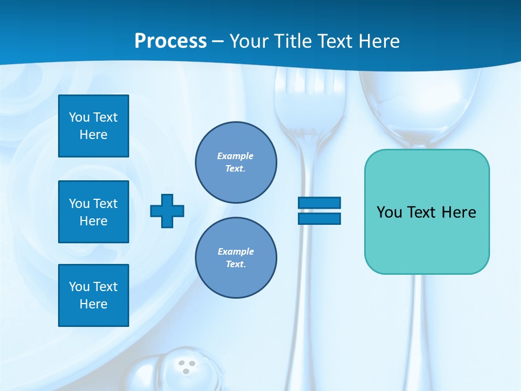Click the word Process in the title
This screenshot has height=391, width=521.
tap(170, 41)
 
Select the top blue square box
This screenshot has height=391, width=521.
tap(93, 126)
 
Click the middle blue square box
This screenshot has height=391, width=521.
tap(93, 212)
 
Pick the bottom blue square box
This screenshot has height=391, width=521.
tap(93, 295)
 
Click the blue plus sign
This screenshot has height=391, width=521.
tap(167, 211)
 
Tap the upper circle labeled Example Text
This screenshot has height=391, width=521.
tap(236, 162)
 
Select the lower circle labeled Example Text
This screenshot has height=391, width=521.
tap(236, 258)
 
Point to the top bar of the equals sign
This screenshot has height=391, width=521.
tap(319, 203)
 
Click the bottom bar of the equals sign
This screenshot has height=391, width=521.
tap(319, 218)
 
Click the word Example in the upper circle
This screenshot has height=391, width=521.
tap(235, 156)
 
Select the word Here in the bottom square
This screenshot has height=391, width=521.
tap(93, 304)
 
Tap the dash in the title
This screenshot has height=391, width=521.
tap(218, 41)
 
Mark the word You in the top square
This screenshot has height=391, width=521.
tap(79, 117)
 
